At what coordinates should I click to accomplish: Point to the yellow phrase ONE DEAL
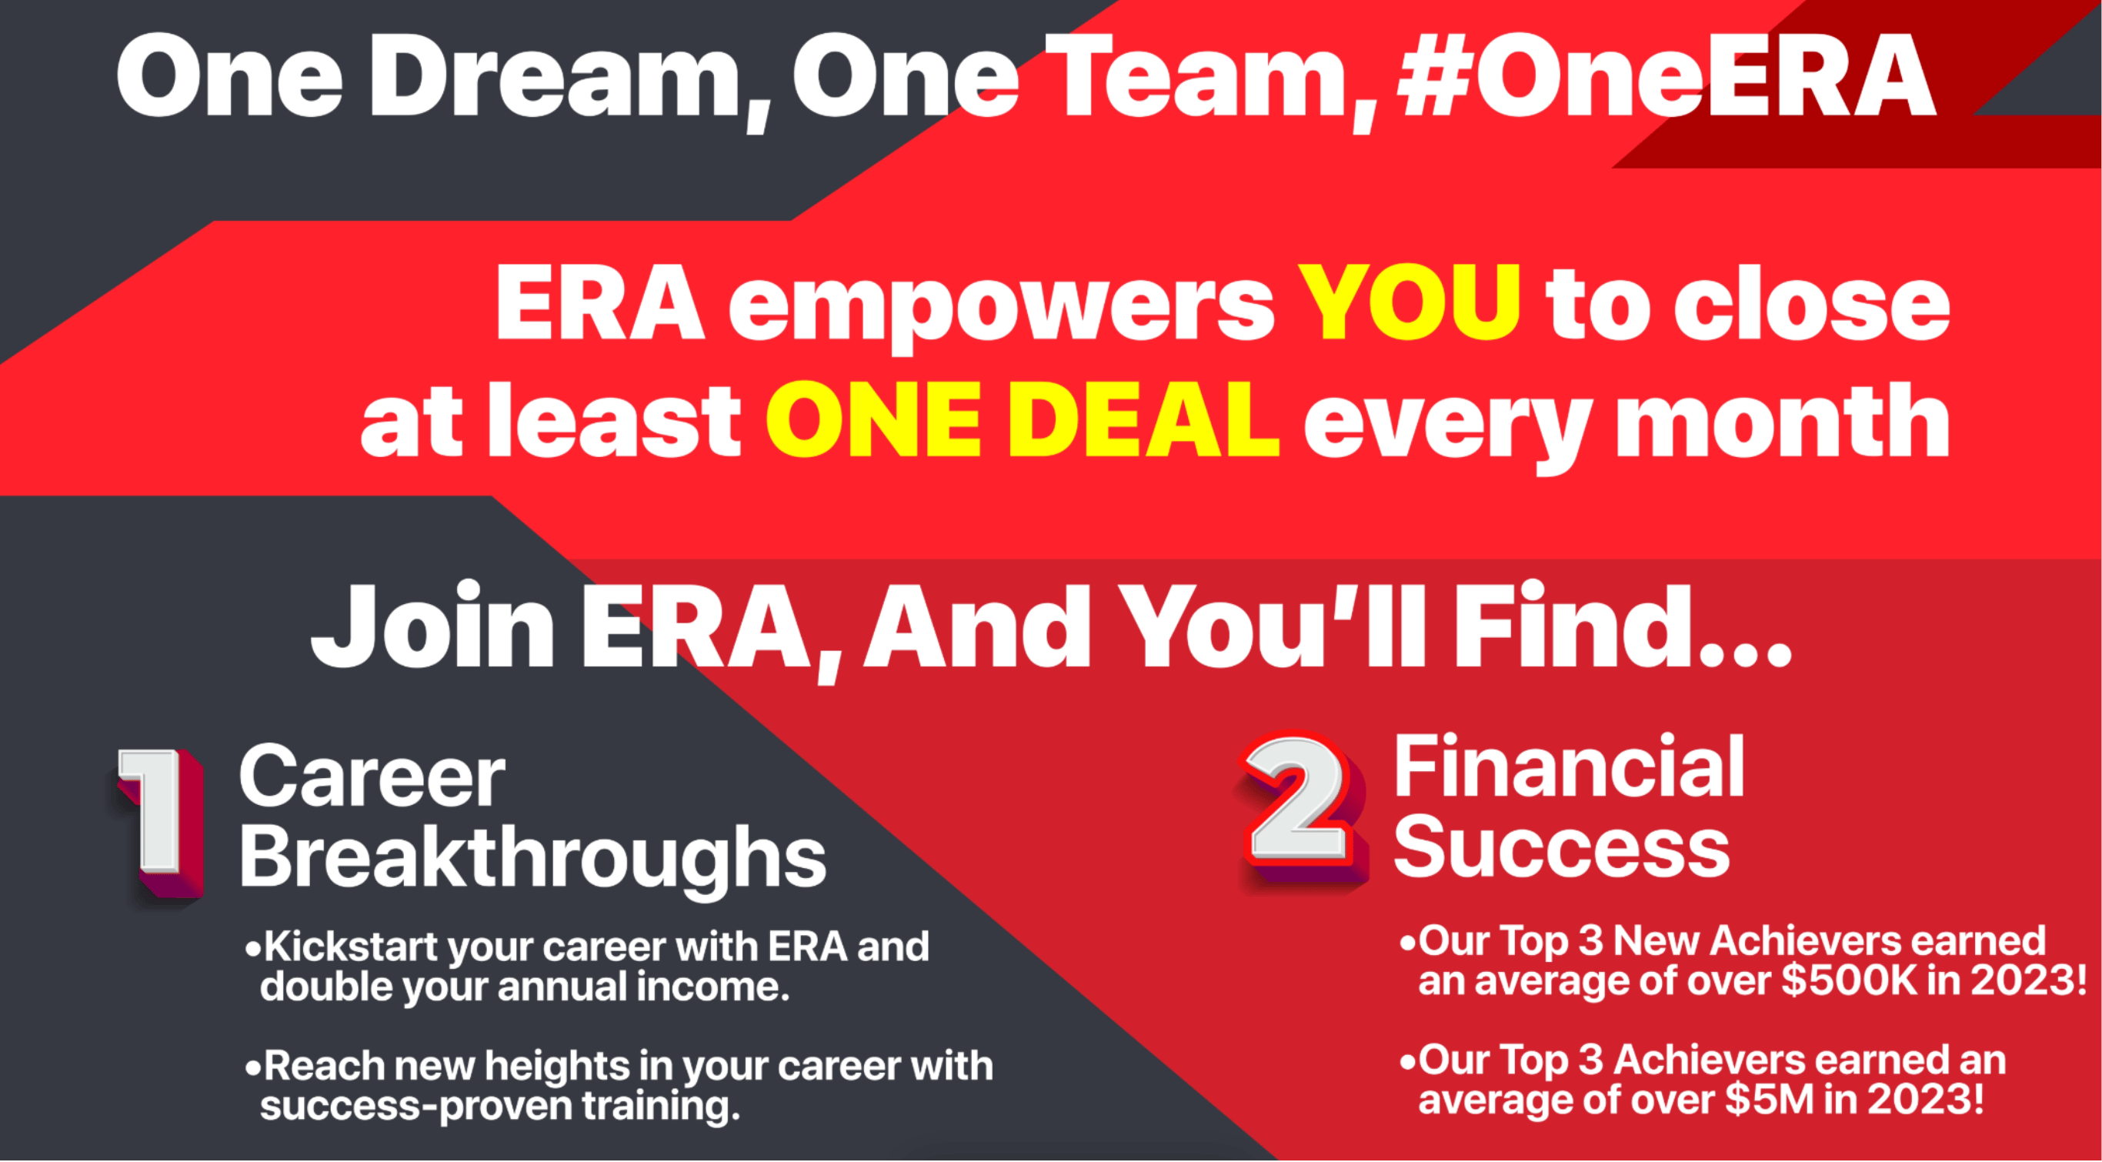pyautogui.click(x=1023, y=419)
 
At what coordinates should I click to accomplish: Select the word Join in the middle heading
pyautogui.click(x=433, y=625)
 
